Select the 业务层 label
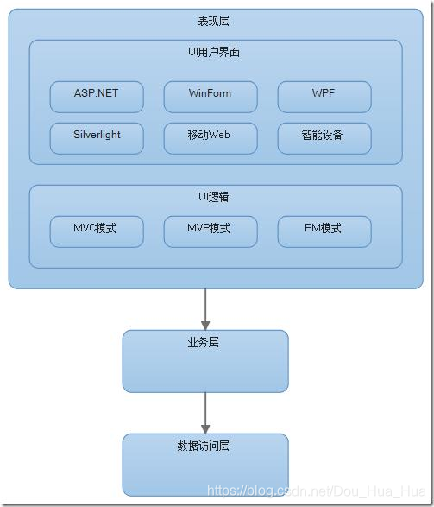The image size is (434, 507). [204, 343]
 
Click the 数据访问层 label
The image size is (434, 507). [204, 447]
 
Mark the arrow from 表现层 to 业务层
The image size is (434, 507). [205, 306]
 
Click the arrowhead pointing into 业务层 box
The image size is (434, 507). [205, 324]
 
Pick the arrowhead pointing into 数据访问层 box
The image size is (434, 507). [205, 428]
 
